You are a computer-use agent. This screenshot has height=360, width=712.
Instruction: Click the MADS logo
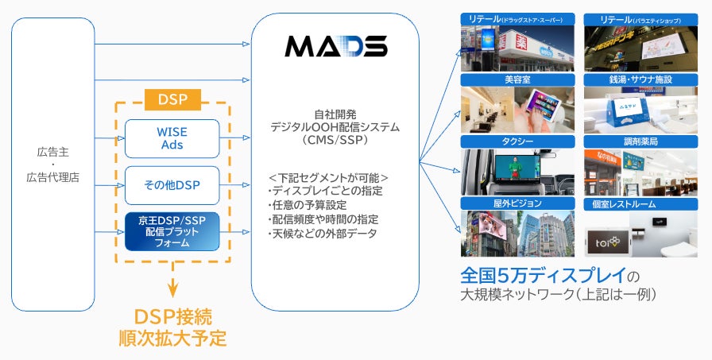(x=335, y=46)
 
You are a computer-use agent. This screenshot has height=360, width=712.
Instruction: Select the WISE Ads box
(x=172, y=138)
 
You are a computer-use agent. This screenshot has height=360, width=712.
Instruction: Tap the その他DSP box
(x=172, y=185)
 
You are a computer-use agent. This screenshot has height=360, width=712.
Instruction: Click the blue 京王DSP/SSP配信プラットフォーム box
(x=172, y=231)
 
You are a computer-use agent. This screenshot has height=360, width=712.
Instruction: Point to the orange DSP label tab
(x=172, y=99)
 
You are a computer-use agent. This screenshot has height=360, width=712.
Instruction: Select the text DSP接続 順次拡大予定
(x=172, y=325)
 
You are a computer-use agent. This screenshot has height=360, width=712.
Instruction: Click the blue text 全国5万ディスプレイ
(x=541, y=276)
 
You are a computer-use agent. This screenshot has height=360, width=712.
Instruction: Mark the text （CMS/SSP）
(x=335, y=141)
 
